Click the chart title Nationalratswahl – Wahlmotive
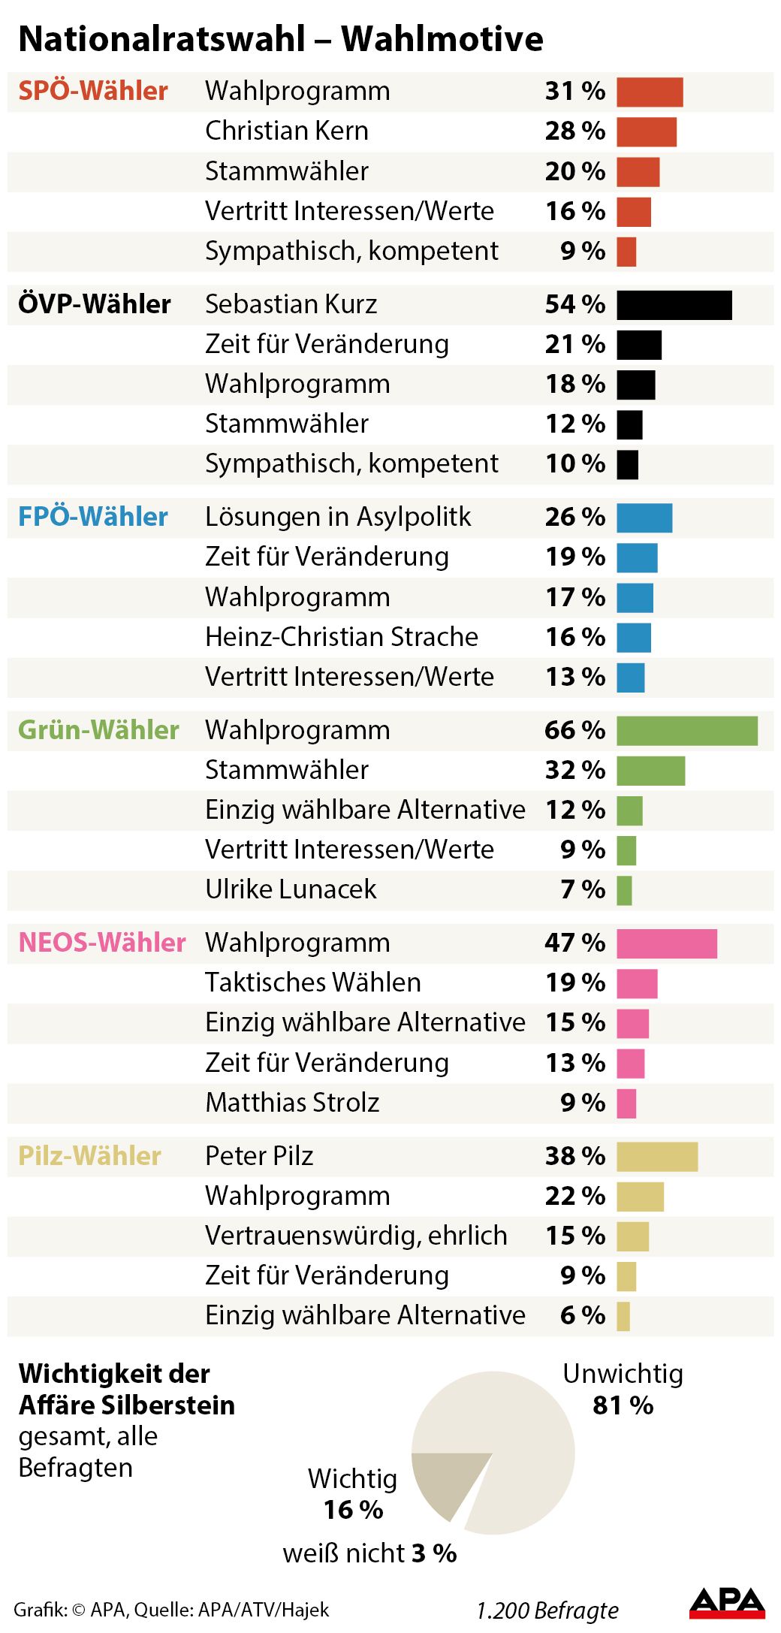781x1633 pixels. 280,39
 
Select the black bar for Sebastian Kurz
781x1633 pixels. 674,305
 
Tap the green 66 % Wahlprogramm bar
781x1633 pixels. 686,731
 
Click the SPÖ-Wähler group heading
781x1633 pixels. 93,91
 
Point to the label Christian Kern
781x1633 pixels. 287,131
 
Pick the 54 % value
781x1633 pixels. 574,304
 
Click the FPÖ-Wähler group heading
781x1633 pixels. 93,517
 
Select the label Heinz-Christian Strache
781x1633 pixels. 342,637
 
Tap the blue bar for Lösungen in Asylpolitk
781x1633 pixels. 644,518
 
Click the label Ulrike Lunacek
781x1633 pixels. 291,889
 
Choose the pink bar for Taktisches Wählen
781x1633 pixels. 636,983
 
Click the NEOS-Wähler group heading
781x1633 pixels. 101,943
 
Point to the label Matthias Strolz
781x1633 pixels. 292,1103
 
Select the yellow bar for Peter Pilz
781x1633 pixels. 656,1157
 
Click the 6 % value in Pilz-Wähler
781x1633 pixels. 582,1315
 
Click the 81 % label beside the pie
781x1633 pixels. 623,1405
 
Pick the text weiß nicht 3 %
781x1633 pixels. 369,1553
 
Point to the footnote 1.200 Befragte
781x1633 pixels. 547,1610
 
